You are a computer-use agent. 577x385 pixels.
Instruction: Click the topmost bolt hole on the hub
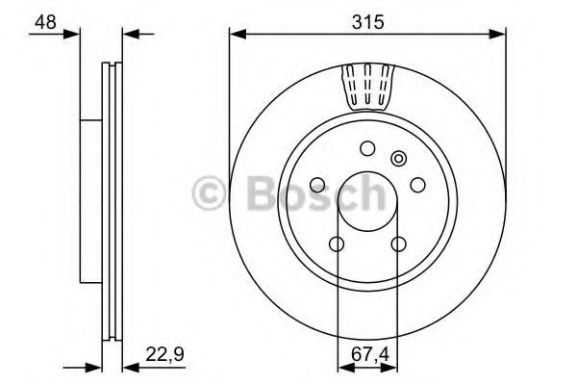[367, 148]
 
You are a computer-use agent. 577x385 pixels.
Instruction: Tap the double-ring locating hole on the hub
[396, 158]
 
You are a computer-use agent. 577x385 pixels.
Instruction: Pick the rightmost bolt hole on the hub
[416, 184]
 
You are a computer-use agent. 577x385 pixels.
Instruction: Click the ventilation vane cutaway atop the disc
[367, 87]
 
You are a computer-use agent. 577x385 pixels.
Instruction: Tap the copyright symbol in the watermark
[213, 193]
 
